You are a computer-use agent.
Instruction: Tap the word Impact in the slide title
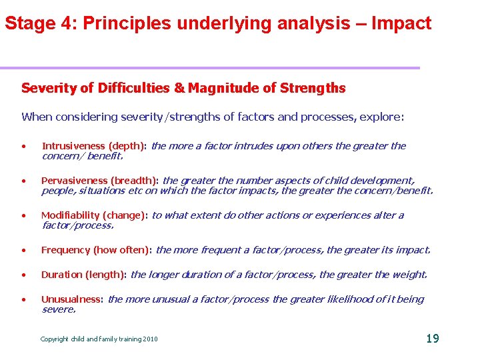tap(401, 24)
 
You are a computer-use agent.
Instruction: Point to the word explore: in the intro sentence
tap(381, 117)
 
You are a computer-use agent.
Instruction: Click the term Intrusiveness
tap(73, 146)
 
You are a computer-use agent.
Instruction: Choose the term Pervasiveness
tap(75, 181)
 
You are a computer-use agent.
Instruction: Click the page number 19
tap(432, 339)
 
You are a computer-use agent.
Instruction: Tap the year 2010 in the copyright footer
tap(150, 339)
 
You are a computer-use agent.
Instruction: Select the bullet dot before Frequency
tap(24, 251)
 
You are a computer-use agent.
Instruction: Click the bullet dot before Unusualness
tap(24, 300)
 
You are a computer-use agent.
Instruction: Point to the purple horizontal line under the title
tap(210, 67)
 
